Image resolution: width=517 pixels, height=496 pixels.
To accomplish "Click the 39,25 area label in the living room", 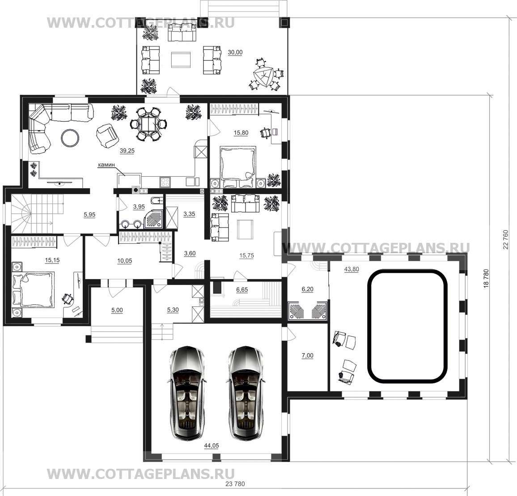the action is tap(127, 151).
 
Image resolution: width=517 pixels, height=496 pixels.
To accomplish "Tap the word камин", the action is tap(106, 165).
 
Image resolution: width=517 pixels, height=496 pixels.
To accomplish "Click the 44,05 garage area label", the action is tap(212, 445).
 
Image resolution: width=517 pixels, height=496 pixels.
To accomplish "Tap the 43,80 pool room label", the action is tap(352, 269).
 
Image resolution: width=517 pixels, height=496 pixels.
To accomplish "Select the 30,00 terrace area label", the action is tap(235, 52).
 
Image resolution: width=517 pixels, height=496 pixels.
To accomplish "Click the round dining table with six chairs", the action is tap(149, 124).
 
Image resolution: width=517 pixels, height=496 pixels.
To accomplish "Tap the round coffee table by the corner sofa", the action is tap(70, 137).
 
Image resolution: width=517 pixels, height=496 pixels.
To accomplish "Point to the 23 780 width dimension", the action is tap(235, 484).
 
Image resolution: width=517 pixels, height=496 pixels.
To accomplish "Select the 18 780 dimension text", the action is tap(486, 279).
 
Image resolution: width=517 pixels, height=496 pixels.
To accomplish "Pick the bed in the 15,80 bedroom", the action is tap(238, 164).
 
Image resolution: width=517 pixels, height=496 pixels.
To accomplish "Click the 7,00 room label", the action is tap(308, 356).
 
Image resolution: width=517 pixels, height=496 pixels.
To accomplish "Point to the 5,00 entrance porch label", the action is tap(117, 310).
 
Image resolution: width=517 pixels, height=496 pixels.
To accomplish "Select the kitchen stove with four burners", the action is tap(165, 182).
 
